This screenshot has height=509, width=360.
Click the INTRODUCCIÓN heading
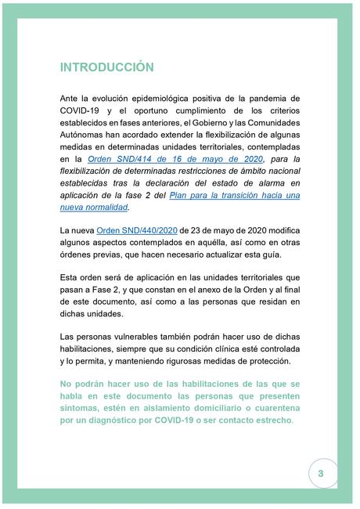106,67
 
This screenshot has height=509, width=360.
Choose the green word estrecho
272,421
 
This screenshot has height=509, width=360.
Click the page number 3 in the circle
321,475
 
